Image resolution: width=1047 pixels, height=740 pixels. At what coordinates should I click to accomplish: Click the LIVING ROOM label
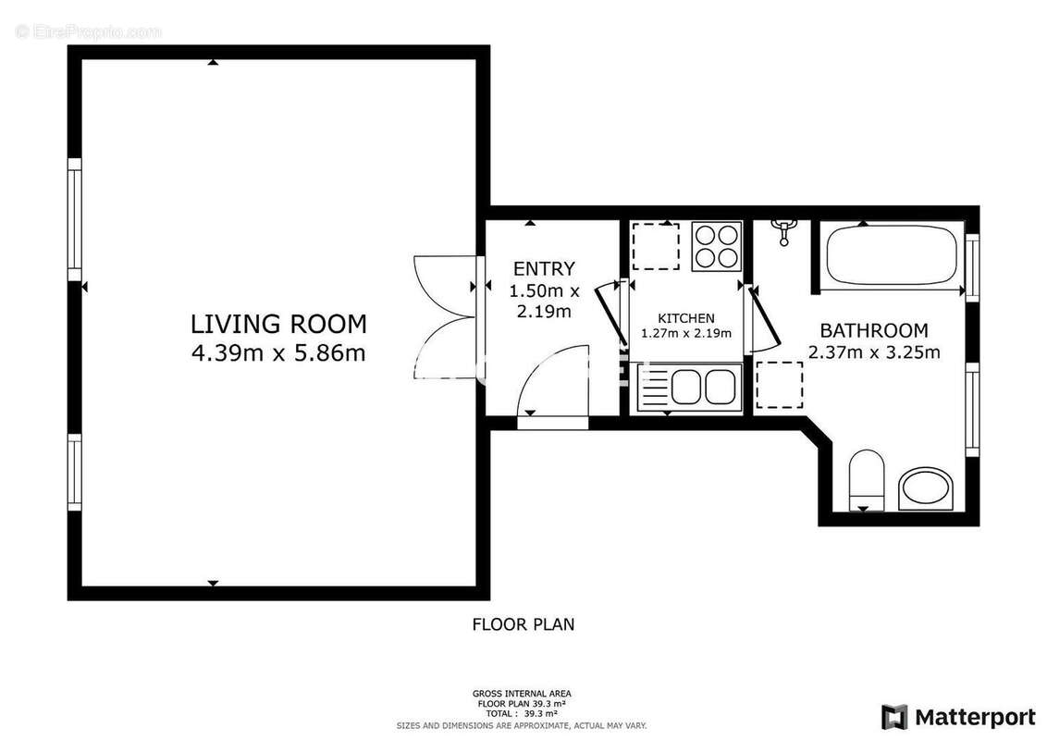[x=278, y=324]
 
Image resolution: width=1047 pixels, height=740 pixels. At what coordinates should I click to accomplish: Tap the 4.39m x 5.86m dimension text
[x=278, y=352]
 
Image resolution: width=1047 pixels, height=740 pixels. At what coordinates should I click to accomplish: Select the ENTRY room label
[x=544, y=269]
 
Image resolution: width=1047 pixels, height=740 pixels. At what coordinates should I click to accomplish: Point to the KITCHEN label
[x=686, y=318]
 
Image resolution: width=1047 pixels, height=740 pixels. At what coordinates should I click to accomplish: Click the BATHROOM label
[x=874, y=330]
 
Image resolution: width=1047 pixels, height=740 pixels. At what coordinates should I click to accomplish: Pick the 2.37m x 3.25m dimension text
[x=874, y=352]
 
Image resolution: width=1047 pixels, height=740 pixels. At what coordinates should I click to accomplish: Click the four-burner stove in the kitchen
[x=717, y=245]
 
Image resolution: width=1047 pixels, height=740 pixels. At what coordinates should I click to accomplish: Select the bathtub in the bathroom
[x=891, y=255]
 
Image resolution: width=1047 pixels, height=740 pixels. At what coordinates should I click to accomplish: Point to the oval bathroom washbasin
[x=927, y=488]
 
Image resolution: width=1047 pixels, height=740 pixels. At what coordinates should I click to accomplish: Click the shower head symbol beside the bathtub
[x=784, y=231]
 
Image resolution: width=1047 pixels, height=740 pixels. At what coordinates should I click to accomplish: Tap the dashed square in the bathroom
[x=779, y=385]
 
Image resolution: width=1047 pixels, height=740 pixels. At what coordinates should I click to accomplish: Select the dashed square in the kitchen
[x=655, y=245]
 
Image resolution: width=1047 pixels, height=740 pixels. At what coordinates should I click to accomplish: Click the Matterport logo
[x=958, y=717]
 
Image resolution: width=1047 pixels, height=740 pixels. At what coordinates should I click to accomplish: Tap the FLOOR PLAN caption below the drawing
[x=523, y=624]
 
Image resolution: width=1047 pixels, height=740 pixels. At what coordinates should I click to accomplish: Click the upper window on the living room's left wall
[x=75, y=219]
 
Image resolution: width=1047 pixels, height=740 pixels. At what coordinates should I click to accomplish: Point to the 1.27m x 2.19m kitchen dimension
[x=686, y=334]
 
